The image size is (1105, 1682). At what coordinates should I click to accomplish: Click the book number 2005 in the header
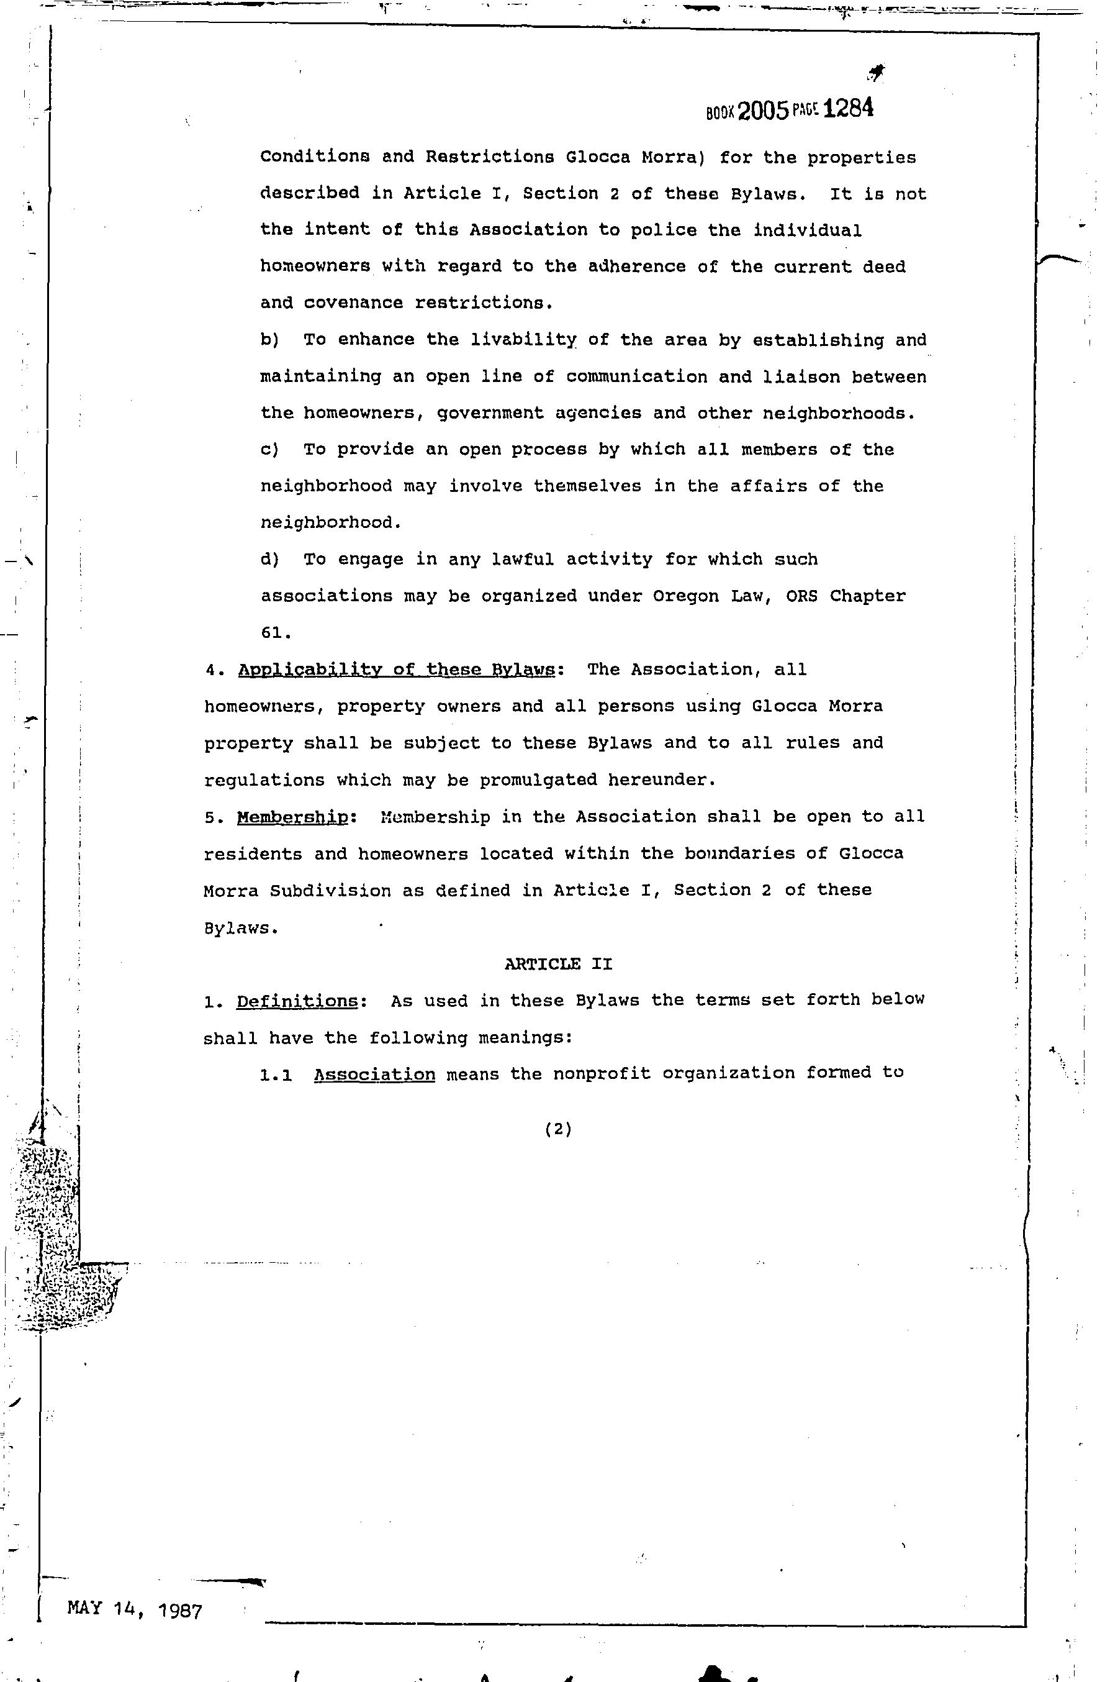(762, 111)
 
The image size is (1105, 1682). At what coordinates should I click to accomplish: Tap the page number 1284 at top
(849, 108)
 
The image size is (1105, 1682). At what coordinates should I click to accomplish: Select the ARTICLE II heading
(558, 964)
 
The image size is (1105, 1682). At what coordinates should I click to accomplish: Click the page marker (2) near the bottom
(558, 1129)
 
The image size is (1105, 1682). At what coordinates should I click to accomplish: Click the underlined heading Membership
(292, 817)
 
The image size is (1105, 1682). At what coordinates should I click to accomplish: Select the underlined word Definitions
(297, 1001)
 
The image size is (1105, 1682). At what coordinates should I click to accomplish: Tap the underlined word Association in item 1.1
(374, 1074)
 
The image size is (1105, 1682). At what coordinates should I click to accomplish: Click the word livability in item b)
(523, 340)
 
